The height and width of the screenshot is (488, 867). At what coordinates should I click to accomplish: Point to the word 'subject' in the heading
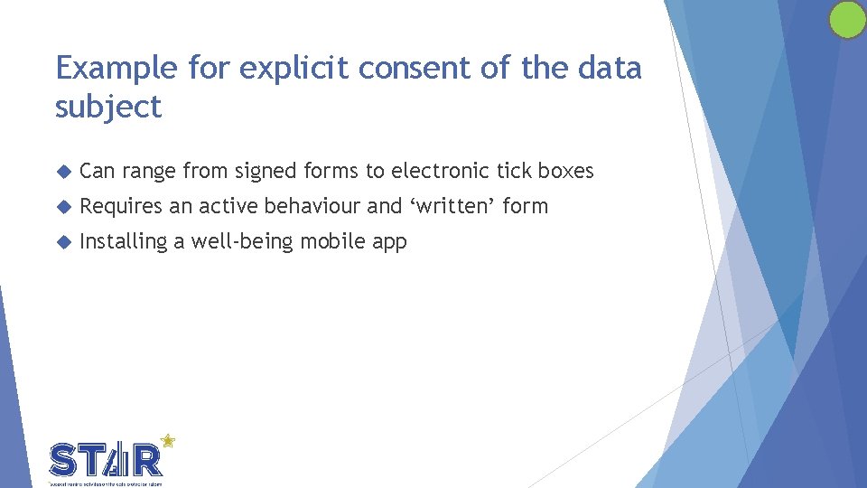(x=108, y=108)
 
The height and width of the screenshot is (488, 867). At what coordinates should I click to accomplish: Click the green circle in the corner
(x=847, y=19)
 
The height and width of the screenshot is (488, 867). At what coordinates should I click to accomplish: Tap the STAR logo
(x=107, y=459)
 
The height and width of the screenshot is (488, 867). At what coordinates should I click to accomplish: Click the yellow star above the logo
(x=166, y=441)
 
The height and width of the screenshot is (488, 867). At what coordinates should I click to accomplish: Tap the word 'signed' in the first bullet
(x=266, y=171)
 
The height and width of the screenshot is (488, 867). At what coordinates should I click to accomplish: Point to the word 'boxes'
(x=565, y=171)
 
